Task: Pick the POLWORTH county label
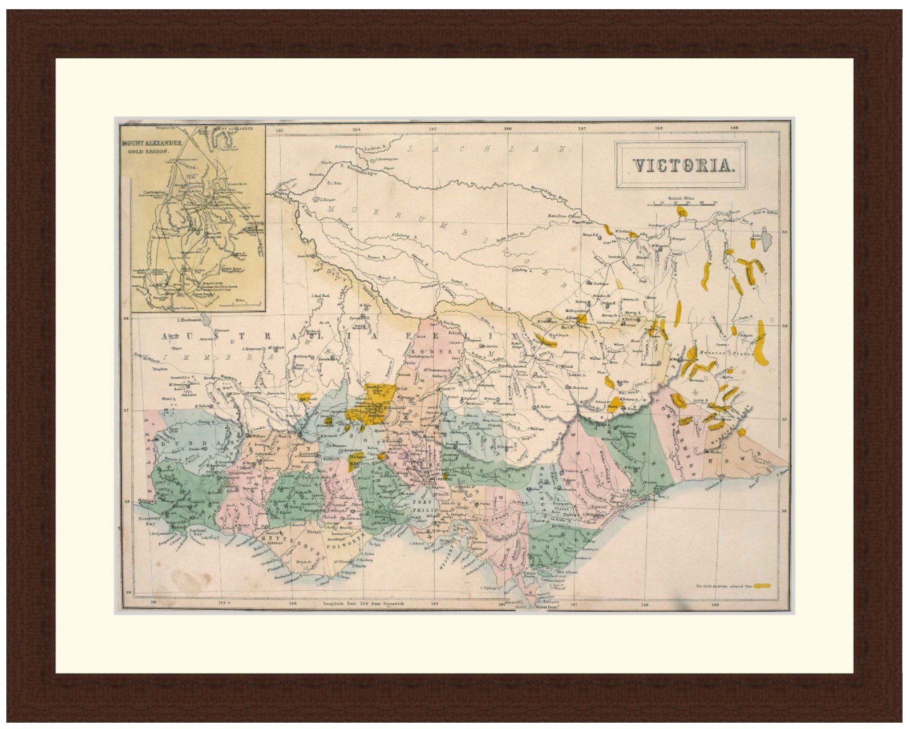click(345, 545)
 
